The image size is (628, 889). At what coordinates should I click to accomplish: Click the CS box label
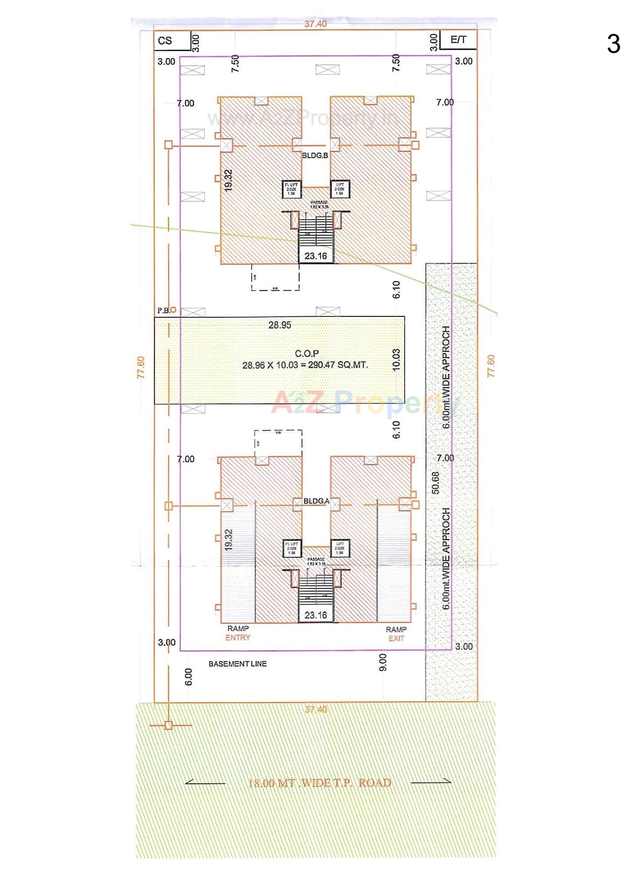(165, 41)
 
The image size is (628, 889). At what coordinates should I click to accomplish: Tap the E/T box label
(458, 40)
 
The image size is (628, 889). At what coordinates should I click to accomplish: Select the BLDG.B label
(315, 156)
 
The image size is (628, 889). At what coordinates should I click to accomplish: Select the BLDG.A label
(316, 501)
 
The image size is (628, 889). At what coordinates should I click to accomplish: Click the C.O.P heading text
(307, 354)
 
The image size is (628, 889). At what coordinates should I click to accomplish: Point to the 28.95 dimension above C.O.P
(279, 325)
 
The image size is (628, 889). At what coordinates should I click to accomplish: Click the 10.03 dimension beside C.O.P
(396, 360)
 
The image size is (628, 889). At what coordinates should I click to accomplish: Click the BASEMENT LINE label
(237, 664)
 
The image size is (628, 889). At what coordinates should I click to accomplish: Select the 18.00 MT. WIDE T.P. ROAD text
(319, 783)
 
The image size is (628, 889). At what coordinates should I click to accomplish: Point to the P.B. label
(163, 311)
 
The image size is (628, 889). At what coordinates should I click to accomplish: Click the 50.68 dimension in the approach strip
(435, 483)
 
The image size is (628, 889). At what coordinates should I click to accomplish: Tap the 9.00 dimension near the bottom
(383, 662)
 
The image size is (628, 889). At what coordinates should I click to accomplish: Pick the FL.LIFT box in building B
(291, 189)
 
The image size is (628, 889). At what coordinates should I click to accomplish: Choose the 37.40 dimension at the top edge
(315, 24)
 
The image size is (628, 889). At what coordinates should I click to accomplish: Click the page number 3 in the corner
(613, 44)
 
